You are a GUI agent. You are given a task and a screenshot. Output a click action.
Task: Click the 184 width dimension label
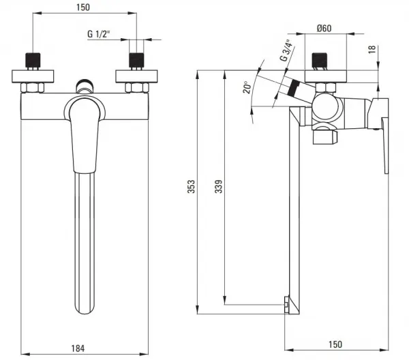click(x=78, y=348)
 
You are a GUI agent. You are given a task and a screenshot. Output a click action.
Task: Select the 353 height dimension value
click(x=191, y=187)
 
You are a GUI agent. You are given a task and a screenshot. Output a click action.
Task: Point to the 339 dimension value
click(x=219, y=187)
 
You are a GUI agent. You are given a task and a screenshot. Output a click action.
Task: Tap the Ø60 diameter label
click(x=324, y=28)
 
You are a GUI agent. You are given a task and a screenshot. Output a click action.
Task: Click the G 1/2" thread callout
click(x=99, y=34)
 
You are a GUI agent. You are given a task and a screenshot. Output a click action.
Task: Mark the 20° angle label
click(x=247, y=87)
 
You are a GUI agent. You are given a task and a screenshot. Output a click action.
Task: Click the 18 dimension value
click(x=372, y=49)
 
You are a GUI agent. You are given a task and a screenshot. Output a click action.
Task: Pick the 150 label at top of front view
click(x=83, y=7)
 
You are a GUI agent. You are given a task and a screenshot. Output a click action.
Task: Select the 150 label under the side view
click(x=335, y=344)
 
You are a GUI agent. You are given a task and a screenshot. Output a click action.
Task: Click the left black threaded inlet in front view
click(x=33, y=60)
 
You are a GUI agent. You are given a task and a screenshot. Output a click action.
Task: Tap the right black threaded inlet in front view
click(x=137, y=60)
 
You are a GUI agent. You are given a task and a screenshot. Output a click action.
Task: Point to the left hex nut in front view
click(x=32, y=88)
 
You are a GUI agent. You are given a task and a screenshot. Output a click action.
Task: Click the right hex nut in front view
click(x=137, y=88)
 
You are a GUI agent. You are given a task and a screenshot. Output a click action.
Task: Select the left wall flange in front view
click(x=33, y=76)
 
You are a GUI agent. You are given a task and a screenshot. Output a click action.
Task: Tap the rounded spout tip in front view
click(x=85, y=307)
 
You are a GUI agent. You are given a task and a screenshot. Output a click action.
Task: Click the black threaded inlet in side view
click(x=320, y=60)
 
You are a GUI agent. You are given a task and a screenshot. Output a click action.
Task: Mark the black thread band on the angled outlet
click(x=293, y=88)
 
